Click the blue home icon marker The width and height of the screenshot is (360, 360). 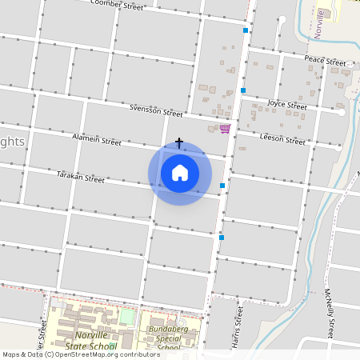point(180,172)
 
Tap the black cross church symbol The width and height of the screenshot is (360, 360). point(179,143)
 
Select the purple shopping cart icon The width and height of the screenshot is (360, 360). point(225,128)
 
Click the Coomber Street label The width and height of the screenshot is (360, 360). point(117,5)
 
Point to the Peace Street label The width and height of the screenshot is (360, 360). point(325,61)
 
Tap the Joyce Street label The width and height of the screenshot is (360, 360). point(287,105)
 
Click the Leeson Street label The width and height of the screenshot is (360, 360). point(283,139)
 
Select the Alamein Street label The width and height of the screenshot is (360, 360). point(96,140)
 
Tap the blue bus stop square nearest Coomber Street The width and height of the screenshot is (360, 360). point(246,30)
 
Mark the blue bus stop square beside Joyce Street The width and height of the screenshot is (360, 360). point(243,90)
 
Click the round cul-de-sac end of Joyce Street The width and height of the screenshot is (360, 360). point(342,113)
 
